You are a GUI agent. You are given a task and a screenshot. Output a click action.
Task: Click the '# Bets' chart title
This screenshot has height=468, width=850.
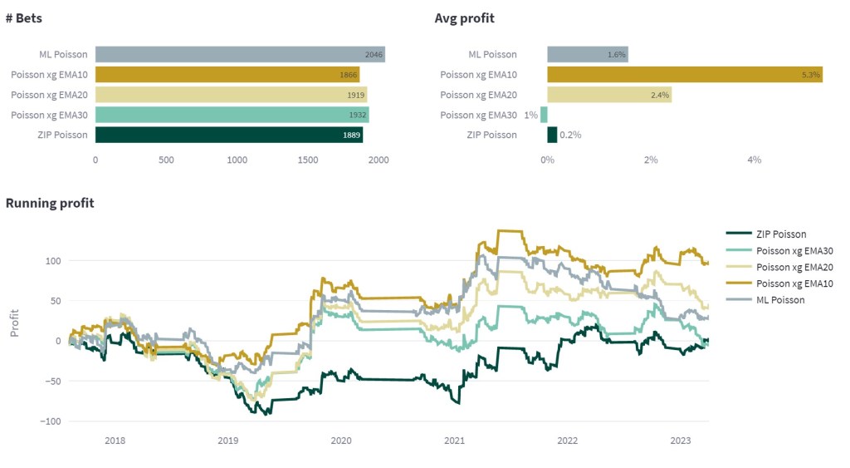[26, 17]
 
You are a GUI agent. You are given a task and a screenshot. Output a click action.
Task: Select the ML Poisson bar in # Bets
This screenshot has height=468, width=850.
[240, 55]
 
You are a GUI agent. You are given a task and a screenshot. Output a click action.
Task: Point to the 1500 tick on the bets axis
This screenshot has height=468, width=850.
[308, 160]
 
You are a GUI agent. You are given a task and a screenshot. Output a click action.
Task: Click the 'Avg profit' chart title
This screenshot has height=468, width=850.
[464, 17]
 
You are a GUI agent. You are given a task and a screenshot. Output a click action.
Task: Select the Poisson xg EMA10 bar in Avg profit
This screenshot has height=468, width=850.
[685, 75]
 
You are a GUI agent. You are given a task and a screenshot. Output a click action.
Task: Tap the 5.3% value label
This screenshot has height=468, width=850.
[811, 75]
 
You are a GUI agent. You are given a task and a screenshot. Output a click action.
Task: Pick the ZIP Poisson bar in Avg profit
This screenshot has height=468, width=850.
[552, 135]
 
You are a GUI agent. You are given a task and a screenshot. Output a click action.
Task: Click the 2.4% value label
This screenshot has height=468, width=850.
[660, 95]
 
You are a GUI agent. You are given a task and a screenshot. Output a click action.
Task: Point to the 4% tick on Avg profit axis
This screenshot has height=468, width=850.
[755, 160]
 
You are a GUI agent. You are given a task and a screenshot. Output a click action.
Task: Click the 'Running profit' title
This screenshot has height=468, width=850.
[50, 203]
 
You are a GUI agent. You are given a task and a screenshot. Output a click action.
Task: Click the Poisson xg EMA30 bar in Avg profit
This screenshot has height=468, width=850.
[544, 115]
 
